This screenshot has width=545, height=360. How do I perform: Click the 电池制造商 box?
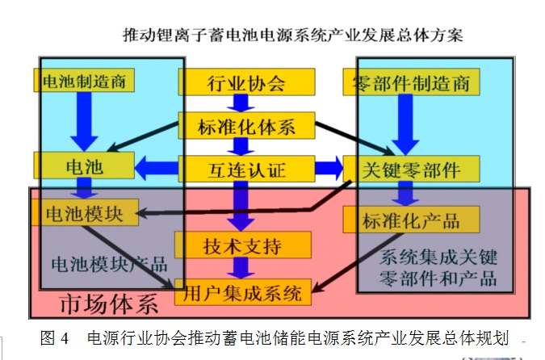coord(83,80)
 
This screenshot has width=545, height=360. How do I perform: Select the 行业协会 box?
coord(245,82)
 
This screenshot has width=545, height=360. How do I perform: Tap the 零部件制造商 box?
coord(411,82)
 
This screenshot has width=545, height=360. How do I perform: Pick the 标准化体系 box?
coord(245,126)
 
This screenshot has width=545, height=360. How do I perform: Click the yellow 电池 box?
coord(83,165)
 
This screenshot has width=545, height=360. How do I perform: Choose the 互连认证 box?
coord(245,170)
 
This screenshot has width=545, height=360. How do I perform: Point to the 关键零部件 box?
coord(411,170)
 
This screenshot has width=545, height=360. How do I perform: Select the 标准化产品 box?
coord(411,220)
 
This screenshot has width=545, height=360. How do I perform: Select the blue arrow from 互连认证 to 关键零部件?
coord(327,170)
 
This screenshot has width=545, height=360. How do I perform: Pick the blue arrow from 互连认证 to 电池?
coord(156,169)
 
